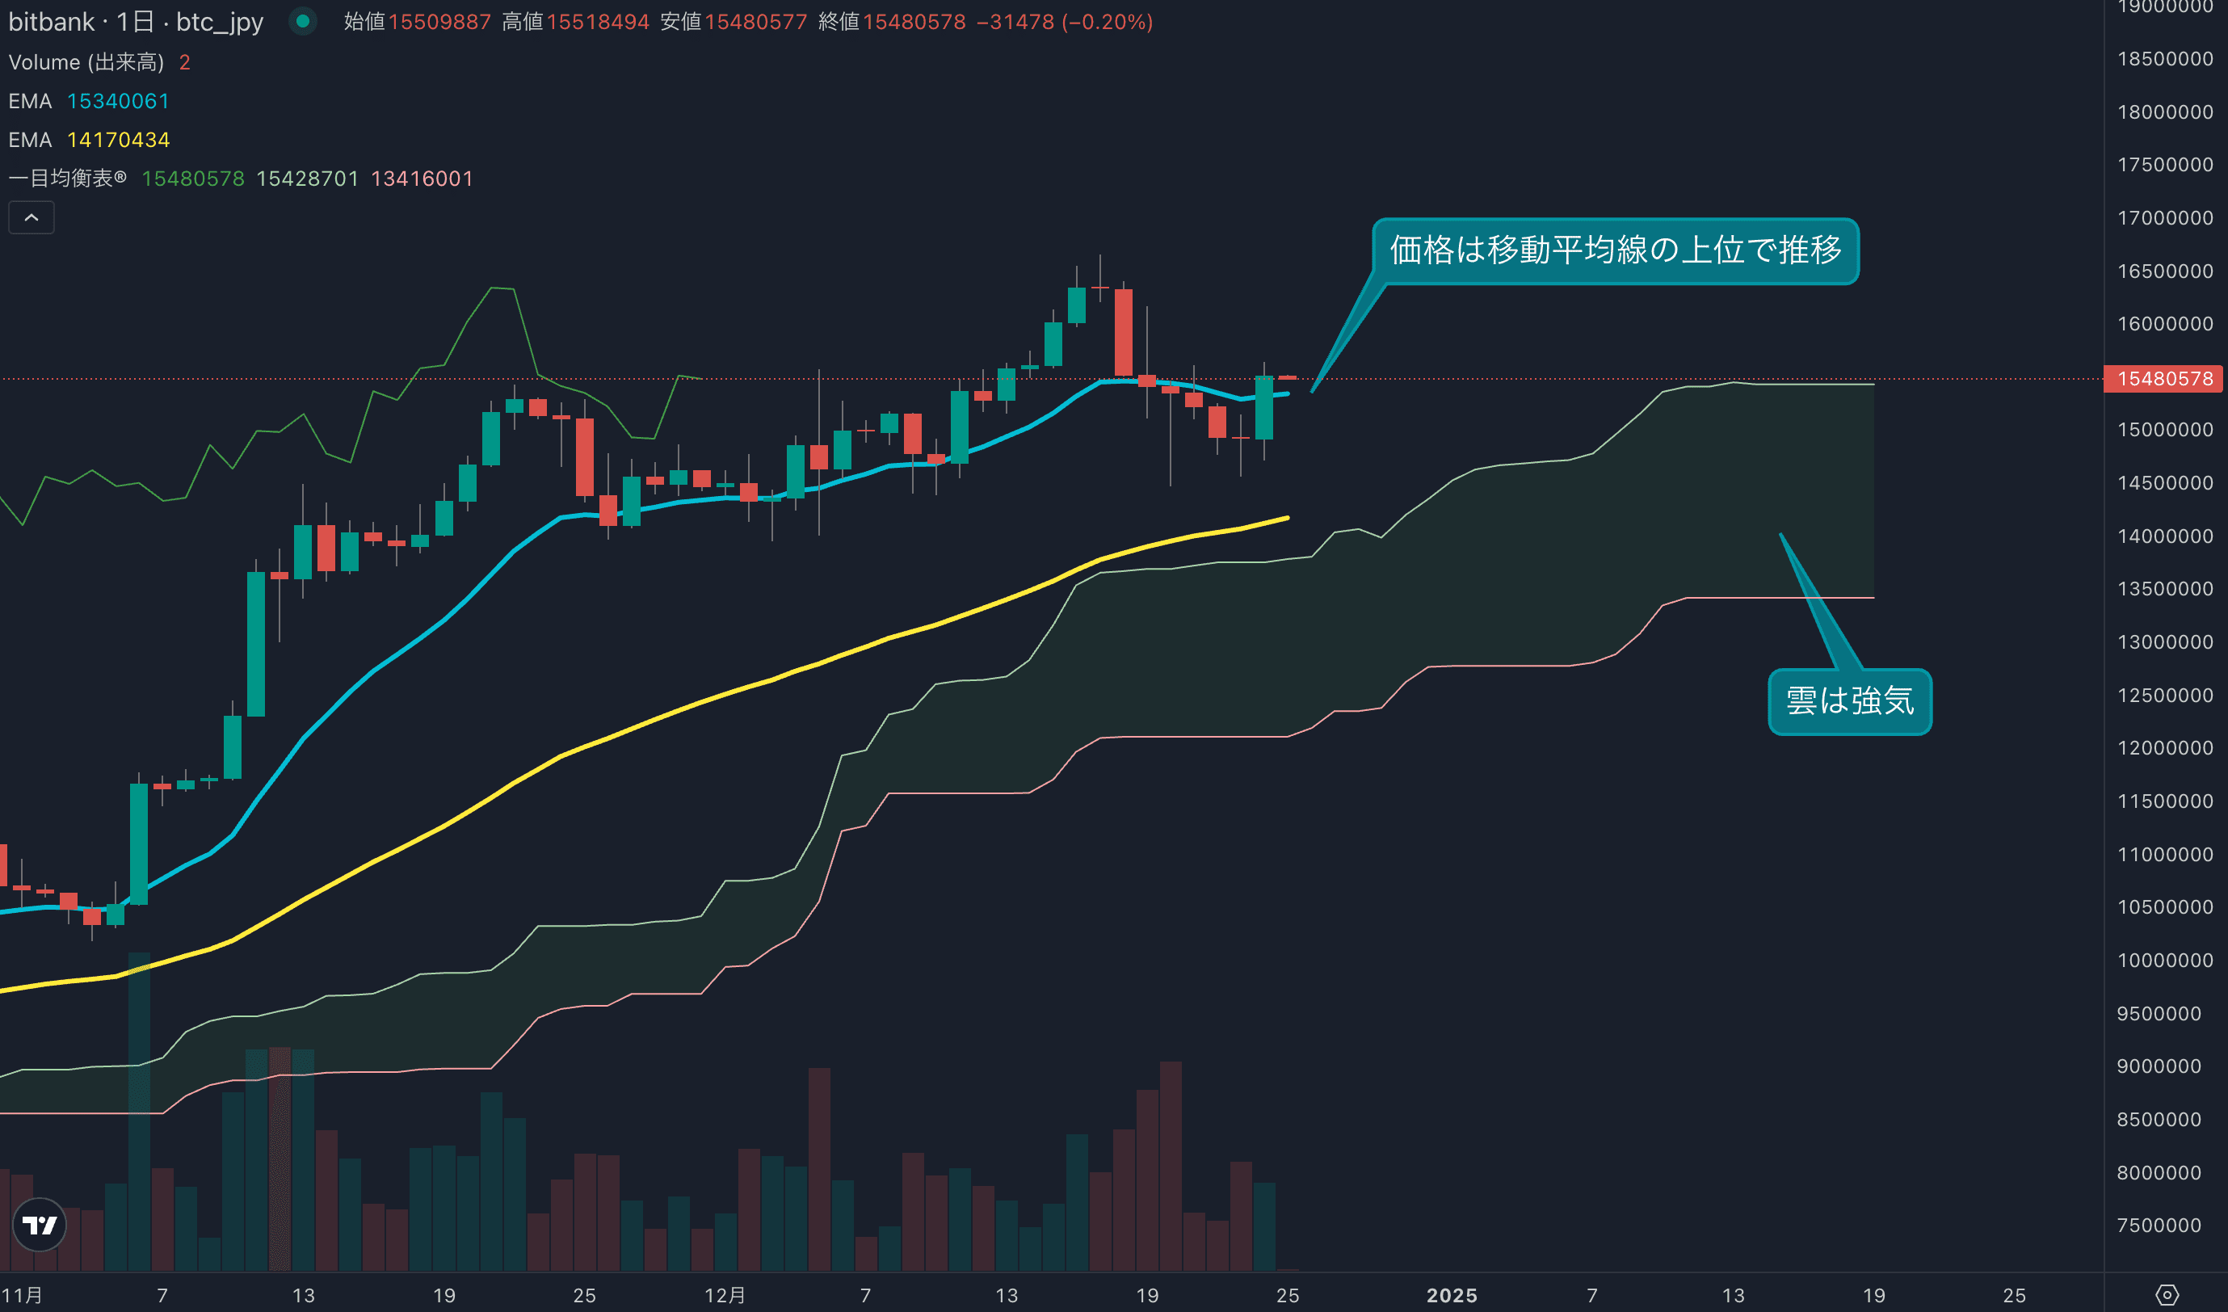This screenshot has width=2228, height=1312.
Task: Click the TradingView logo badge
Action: click(40, 1225)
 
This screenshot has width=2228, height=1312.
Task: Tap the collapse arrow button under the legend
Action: click(31, 217)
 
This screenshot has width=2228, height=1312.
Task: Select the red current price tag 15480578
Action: click(2164, 379)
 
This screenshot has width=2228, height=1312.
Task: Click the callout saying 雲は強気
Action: click(1850, 701)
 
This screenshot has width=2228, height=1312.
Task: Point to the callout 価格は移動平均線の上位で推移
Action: click(1616, 250)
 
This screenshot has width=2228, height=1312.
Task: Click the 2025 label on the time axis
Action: click(1451, 1295)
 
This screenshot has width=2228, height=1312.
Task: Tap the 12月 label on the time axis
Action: click(724, 1295)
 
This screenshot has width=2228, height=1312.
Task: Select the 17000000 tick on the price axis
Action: click(2164, 217)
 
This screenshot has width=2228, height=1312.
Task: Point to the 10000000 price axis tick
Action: click(2164, 960)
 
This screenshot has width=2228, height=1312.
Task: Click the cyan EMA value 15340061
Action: click(118, 101)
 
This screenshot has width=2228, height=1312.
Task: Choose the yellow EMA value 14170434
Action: click(118, 140)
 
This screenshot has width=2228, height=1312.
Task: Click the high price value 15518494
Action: click(598, 22)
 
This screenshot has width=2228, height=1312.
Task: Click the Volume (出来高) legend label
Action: click(86, 62)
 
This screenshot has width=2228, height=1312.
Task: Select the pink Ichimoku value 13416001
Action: click(422, 179)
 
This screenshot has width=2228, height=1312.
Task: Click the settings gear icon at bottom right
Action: click(2167, 1295)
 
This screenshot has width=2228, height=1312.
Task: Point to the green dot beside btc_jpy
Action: click(302, 21)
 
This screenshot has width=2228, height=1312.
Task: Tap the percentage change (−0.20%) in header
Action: click(1107, 22)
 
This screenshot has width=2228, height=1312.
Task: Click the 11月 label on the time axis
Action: click(22, 1295)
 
